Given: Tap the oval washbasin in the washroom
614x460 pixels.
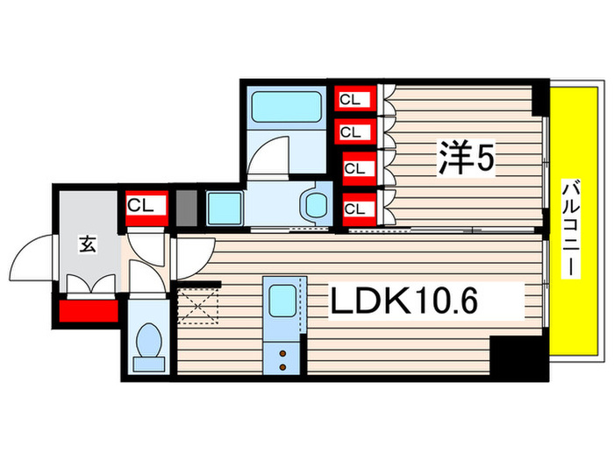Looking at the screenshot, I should [x=313, y=204].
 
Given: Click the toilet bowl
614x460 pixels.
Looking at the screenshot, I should [x=150, y=343].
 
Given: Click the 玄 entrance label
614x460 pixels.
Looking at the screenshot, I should [x=89, y=244].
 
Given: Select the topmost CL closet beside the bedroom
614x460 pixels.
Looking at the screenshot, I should [x=351, y=101].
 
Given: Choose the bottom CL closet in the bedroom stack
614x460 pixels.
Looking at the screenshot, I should [x=354, y=209].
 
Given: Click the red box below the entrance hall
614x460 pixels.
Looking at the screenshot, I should [x=88, y=310].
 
